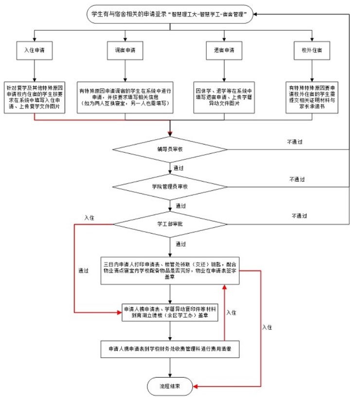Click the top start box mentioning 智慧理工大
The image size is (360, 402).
pos(170,15)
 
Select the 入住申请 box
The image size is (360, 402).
pos(35,50)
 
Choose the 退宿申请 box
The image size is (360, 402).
pos(224,50)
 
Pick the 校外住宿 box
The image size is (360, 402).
pos(309,50)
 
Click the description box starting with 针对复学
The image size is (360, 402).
pos(35,96)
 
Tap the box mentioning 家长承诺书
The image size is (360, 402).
pos(309,96)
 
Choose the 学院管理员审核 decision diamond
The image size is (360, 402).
pos(170,186)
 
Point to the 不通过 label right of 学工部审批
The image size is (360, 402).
pos(300,216)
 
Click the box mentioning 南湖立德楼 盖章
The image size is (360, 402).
pos(170,312)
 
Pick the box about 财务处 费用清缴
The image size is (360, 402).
pos(170,349)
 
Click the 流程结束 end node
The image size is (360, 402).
pos(170,386)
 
